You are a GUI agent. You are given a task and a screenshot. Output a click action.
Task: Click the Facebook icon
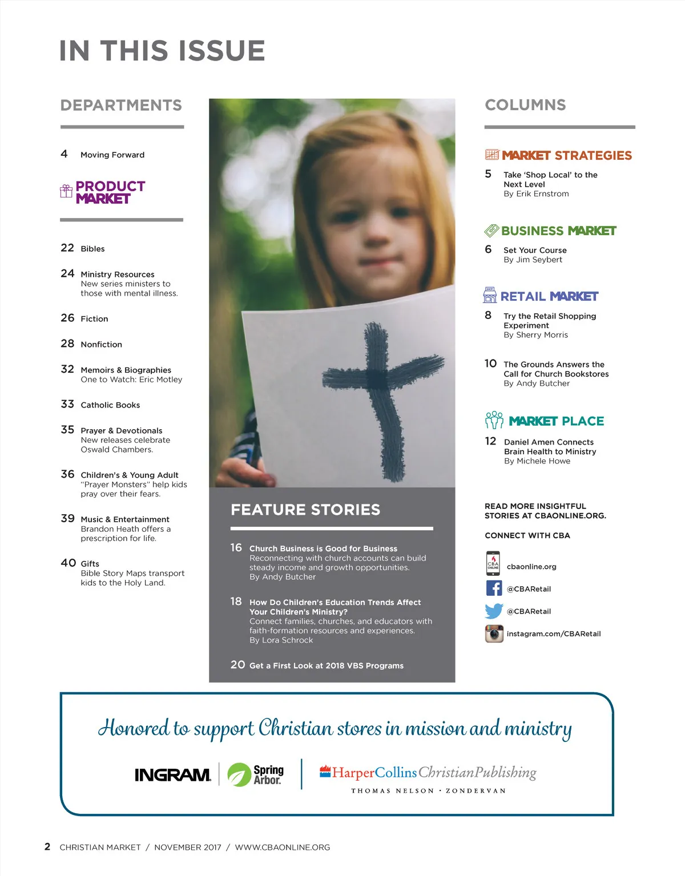pyautogui.click(x=494, y=588)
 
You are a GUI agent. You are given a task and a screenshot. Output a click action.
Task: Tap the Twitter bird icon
pyautogui.click(x=494, y=611)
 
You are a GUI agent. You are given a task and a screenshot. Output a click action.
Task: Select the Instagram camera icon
pyautogui.click(x=494, y=633)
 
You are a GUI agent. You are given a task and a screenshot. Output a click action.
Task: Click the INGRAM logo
pyautogui.click(x=172, y=774)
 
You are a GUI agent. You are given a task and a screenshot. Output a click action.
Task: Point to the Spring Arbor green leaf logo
pyautogui.click(x=239, y=774)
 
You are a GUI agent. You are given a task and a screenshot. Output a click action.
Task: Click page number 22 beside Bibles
pyautogui.click(x=67, y=248)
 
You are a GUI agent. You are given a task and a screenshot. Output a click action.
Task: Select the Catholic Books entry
pyautogui.click(x=110, y=405)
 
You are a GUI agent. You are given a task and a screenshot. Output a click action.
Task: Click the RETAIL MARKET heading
pyautogui.click(x=549, y=296)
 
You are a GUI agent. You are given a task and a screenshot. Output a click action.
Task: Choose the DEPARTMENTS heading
pyautogui.click(x=121, y=105)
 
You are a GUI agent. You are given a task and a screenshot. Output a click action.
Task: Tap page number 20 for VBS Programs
pyautogui.click(x=237, y=665)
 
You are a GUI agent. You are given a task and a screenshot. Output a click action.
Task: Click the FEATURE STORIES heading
pyautogui.click(x=305, y=510)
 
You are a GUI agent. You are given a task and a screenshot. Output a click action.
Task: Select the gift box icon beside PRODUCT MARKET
pyautogui.click(x=66, y=191)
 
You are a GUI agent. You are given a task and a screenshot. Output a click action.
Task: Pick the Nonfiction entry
pyautogui.click(x=101, y=345)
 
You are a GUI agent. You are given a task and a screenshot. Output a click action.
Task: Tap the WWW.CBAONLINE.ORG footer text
pyautogui.click(x=283, y=847)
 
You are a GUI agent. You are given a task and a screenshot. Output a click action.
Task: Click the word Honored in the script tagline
pyautogui.click(x=134, y=728)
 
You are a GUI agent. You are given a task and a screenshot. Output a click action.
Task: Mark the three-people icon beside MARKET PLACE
pyautogui.click(x=494, y=421)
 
